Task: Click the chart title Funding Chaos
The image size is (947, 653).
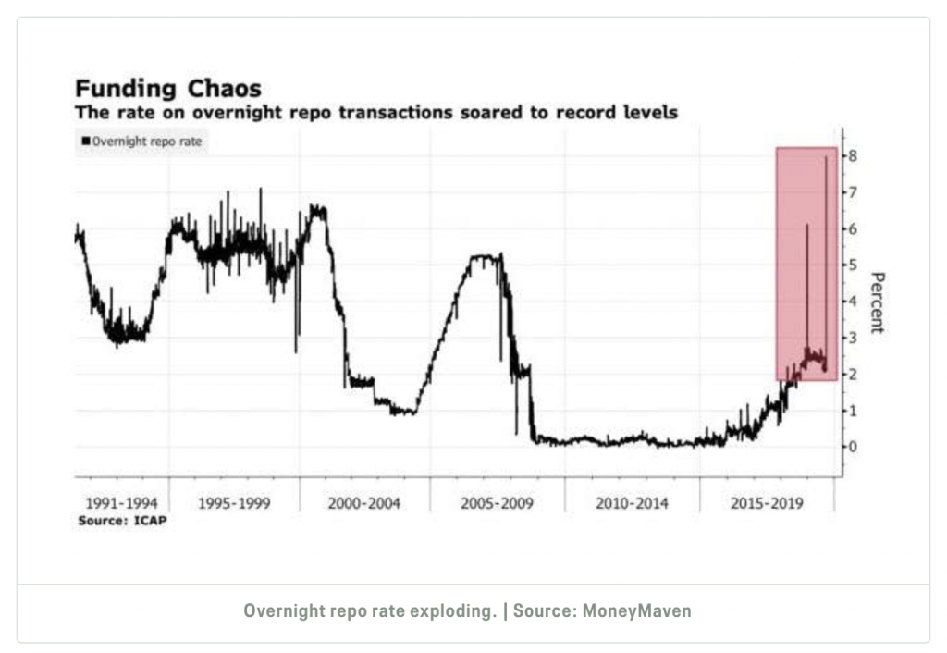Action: [167, 89]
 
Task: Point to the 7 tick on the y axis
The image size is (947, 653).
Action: [854, 192]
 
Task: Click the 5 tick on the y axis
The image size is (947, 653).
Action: [854, 265]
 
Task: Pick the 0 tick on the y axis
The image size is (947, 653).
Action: [854, 447]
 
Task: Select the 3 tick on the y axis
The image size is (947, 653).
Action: [854, 338]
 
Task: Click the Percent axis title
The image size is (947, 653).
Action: [878, 302]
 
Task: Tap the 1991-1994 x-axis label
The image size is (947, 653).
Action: [120, 504]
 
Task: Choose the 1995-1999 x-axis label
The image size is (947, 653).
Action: [234, 504]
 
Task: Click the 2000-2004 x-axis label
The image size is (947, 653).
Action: [364, 504]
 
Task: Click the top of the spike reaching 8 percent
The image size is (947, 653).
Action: [825, 157]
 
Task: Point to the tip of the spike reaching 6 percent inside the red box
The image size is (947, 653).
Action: [806, 225]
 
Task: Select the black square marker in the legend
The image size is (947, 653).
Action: [85, 141]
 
